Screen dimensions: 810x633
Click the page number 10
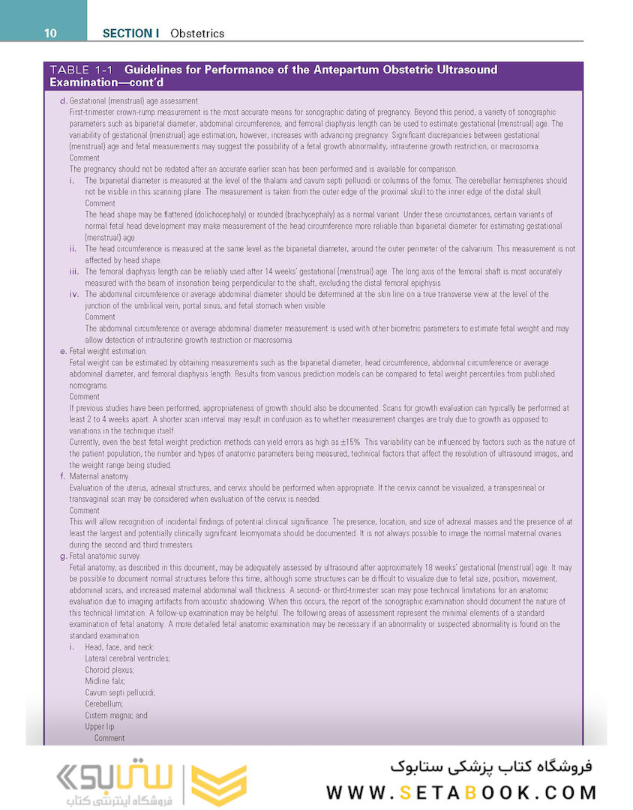(x=50, y=33)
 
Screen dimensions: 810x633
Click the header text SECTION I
(x=131, y=33)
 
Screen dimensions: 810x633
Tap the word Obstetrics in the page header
(x=197, y=33)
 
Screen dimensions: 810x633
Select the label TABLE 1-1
(x=82, y=70)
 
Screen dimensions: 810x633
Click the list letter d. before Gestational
(x=64, y=101)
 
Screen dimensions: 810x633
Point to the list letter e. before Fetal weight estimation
(x=64, y=351)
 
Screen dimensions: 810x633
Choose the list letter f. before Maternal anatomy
(x=64, y=476)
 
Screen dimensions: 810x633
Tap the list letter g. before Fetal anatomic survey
(x=64, y=556)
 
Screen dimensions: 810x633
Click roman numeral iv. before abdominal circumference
(x=73, y=295)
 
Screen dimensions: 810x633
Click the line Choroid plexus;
(x=110, y=670)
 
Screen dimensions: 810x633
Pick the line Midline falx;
(x=106, y=681)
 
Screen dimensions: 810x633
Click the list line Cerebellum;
(x=106, y=703)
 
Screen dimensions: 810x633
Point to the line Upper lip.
(x=100, y=726)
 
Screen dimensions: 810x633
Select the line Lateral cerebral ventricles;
(x=127, y=658)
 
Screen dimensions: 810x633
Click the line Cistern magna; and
(x=116, y=715)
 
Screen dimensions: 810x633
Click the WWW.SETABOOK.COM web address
(x=462, y=792)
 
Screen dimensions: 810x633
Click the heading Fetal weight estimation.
(x=108, y=351)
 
